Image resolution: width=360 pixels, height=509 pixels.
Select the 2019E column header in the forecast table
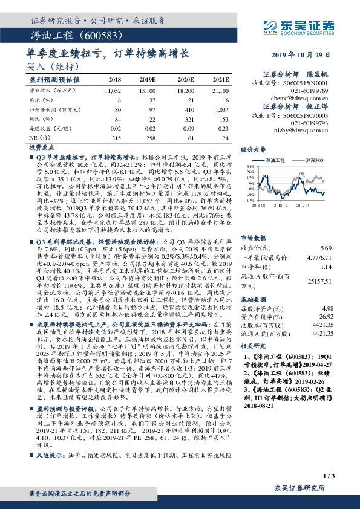point(148,79)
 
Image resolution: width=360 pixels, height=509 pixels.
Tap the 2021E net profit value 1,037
point(221,109)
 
